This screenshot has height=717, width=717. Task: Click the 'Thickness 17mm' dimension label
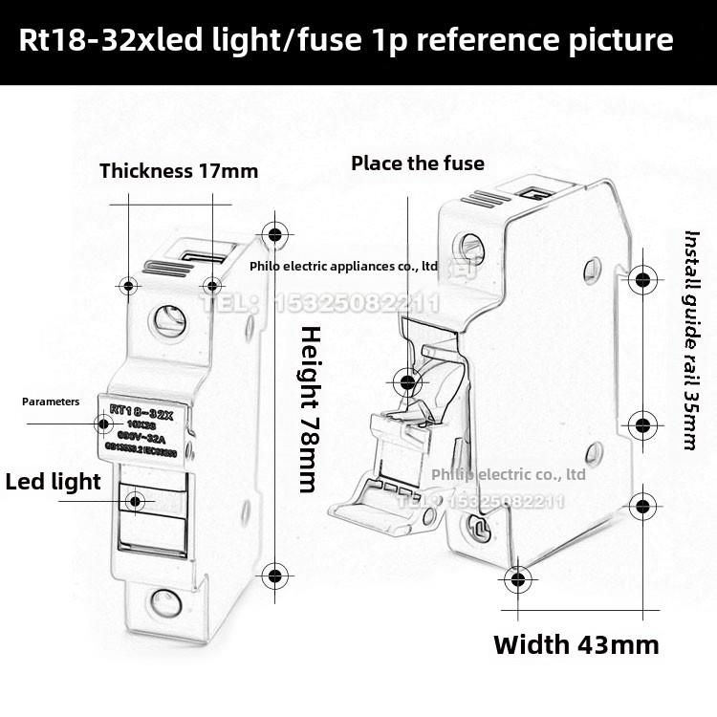[x=179, y=171]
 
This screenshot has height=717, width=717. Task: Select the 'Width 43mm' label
[x=576, y=643]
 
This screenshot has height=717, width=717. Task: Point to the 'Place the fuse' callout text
[x=417, y=163]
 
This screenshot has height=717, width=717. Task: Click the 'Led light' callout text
[x=53, y=481]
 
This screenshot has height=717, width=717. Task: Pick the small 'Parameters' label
[x=51, y=402]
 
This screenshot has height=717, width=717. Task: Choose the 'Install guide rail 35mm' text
[x=690, y=339]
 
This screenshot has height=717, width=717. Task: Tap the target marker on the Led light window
[x=135, y=500]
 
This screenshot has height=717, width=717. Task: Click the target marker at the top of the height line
[x=275, y=234]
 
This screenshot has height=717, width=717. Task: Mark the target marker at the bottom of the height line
[x=275, y=575]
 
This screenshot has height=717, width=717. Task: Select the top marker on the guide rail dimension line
[x=643, y=280]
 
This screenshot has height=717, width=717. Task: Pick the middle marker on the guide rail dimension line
[x=643, y=424]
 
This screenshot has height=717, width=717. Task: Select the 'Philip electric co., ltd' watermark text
[x=508, y=473]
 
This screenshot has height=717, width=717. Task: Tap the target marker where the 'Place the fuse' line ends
[x=409, y=381]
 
